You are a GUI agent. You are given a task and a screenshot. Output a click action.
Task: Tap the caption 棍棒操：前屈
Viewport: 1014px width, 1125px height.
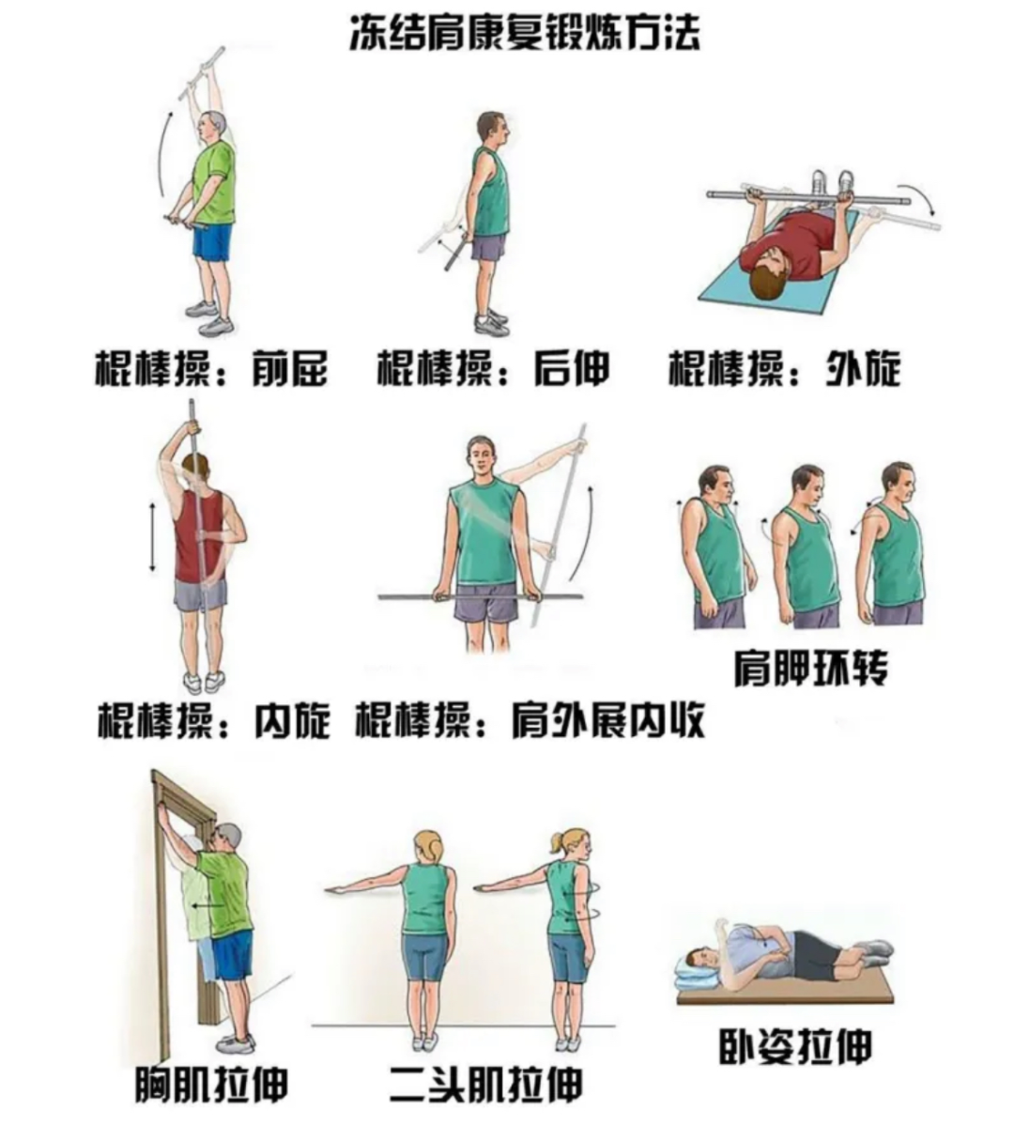pos(212,369)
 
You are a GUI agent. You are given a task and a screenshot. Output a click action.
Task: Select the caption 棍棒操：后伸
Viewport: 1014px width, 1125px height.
pos(493,369)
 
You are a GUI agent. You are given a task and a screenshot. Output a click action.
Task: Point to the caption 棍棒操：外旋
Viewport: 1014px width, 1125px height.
pos(784,369)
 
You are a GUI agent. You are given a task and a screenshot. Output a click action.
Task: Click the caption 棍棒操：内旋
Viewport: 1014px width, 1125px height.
pos(214,721)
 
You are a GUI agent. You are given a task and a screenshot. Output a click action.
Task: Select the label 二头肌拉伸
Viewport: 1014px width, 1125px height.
pos(485,1086)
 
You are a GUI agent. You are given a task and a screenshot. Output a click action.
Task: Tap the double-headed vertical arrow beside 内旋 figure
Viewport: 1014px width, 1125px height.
pos(152,538)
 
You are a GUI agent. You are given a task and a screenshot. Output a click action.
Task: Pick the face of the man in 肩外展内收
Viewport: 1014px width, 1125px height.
pos(480,459)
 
